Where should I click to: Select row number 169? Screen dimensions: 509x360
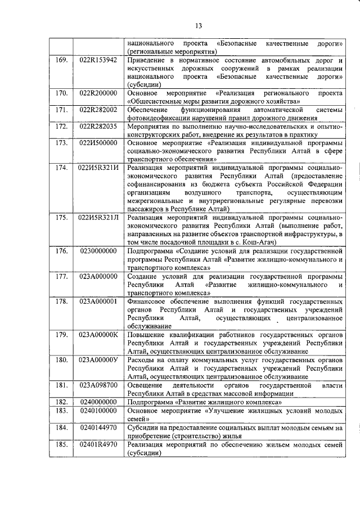click(x=62, y=60)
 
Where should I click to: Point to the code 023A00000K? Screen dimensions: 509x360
click(x=98, y=335)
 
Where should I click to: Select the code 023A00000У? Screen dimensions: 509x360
click(x=98, y=359)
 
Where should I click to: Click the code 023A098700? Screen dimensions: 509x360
click(x=98, y=385)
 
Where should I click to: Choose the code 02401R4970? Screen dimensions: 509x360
click(x=98, y=445)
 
